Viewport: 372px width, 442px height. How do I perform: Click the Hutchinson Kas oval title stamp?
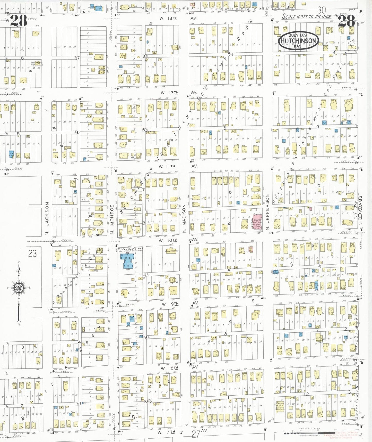[x=298, y=40]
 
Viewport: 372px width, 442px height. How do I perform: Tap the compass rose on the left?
[x=19, y=288]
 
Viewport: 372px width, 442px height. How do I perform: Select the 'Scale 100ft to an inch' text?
[x=306, y=17]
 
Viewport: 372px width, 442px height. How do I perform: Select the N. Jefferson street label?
[x=267, y=212]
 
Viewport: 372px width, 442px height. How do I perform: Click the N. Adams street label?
[x=360, y=211]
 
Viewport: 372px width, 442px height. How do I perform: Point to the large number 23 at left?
[x=32, y=253]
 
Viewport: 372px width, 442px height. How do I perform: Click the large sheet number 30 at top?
[x=321, y=10]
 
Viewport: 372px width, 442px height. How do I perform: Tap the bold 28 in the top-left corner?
[x=19, y=21]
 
